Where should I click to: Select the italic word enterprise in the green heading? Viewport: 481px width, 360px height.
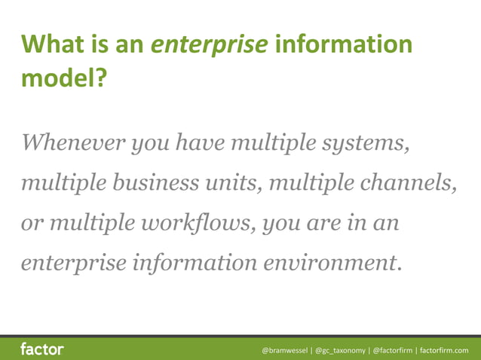[x=210, y=44]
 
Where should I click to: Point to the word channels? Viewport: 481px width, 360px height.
[x=415, y=183]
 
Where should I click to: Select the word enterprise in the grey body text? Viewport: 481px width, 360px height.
[x=74, y=264]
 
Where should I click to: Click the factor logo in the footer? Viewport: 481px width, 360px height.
[x=42, y=349]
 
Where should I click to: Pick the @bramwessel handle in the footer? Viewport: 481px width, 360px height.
[x=284, y=350]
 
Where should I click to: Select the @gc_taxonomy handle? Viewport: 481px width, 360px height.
[x=340, y=350]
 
